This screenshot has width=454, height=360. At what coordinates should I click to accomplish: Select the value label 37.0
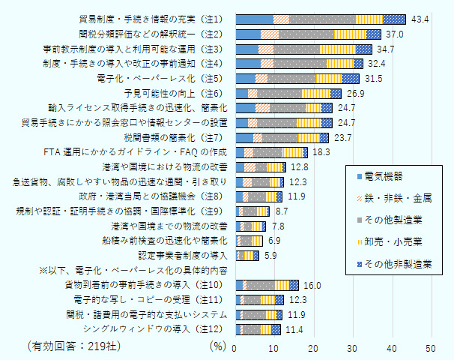click(x=396, y=34)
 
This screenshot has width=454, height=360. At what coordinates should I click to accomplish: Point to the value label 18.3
click(x=321, y=152)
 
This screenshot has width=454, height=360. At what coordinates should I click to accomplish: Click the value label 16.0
click(x=312, y=285)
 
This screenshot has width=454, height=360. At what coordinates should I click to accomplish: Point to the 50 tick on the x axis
click(x=431, y=349)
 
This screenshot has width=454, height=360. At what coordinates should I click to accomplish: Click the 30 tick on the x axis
click(x=352, y=349)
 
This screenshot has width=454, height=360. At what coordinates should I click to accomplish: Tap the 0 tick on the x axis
click(x=235, y=349)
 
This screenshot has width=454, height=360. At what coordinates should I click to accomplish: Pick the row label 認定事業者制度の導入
click(x=179, y=256)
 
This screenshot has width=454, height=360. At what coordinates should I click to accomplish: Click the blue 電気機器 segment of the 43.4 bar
click(x=254, y=19)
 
